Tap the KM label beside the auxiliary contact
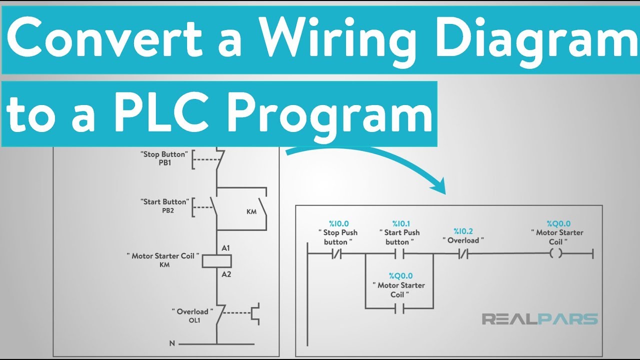tap(251, 211)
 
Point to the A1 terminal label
tap(226, 248)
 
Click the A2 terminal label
tap(226, 274)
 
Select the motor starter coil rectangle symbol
tap(216, 260)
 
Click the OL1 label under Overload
tap(193, 320)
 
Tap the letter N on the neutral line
tap(172, 343)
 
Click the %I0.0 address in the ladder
tap(338, 223)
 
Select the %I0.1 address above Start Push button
tap(401, 223)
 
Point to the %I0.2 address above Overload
tap(463, 231)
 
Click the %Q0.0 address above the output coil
tap(558, 223)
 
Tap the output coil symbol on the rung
tap(555, 254)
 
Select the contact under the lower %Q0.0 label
tap(399, 308)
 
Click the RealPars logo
tap(539, 319)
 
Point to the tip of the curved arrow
tap(443, 191)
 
